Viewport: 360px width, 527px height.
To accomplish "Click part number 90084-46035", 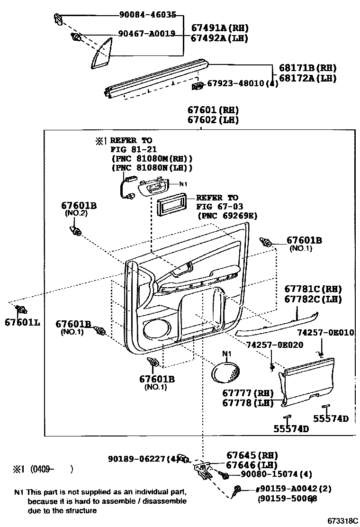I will [x=147, y=15].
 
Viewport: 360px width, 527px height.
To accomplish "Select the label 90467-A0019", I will [x=147, y=34].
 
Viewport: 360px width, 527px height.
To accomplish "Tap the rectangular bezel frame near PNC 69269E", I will [x=170, y=207].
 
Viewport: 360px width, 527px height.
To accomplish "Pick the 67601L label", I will [x=22, y=323].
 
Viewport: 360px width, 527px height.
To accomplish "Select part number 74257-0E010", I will [x=326, y=332].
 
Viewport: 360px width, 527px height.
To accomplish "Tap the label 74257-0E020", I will [x=275, y=345].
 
